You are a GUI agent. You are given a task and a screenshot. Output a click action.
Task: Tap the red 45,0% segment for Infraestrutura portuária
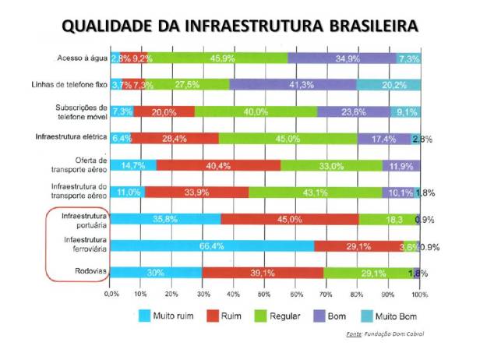tap(289, 219)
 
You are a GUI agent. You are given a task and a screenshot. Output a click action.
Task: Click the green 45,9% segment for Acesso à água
tap(216, 58)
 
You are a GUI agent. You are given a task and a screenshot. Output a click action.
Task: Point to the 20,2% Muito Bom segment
tap(388, 84)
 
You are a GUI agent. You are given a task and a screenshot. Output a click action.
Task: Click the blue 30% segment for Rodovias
tap(156, 273)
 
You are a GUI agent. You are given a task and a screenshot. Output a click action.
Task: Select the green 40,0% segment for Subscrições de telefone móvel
tap(256, 111)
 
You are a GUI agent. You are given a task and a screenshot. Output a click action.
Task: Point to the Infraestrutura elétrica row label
tap(71, 136)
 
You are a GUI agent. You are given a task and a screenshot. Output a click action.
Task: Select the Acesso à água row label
tap(81, 58)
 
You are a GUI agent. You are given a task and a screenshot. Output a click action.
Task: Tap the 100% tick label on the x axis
tap(419, 295)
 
